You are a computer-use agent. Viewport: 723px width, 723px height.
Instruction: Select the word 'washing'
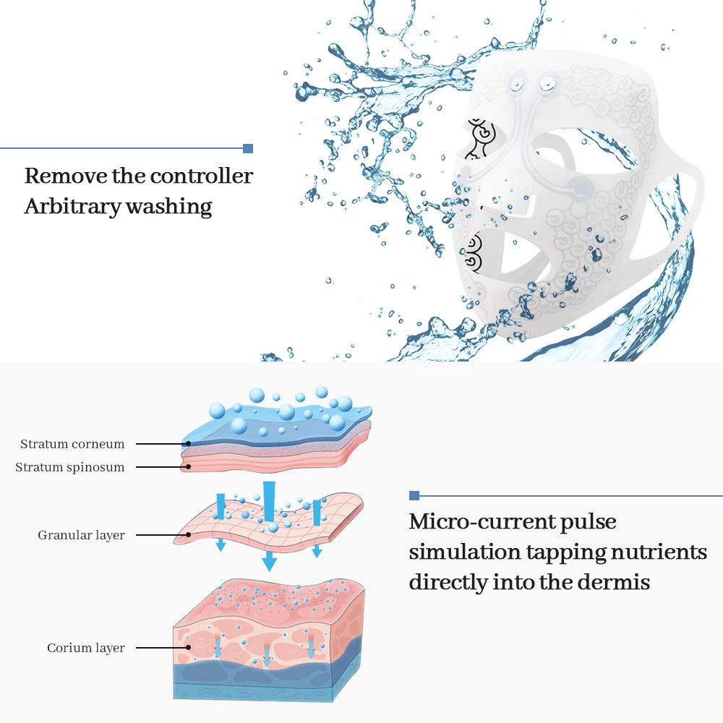(169, 207)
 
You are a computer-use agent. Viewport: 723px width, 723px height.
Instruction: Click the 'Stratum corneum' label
(72, 444)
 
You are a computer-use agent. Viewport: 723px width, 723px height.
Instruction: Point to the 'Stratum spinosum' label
(70, 467)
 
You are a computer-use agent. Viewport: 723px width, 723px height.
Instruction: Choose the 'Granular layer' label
(81, 535)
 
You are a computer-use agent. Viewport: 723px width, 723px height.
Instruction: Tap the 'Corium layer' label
(86, 648)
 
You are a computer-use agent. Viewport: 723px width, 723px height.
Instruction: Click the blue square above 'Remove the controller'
(248, 148)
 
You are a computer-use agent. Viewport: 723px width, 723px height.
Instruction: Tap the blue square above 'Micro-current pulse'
(414, 495)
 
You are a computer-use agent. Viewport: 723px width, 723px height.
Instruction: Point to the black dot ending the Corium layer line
(189, 648)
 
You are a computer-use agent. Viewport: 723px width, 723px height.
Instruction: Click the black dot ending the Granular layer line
(189, 535)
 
